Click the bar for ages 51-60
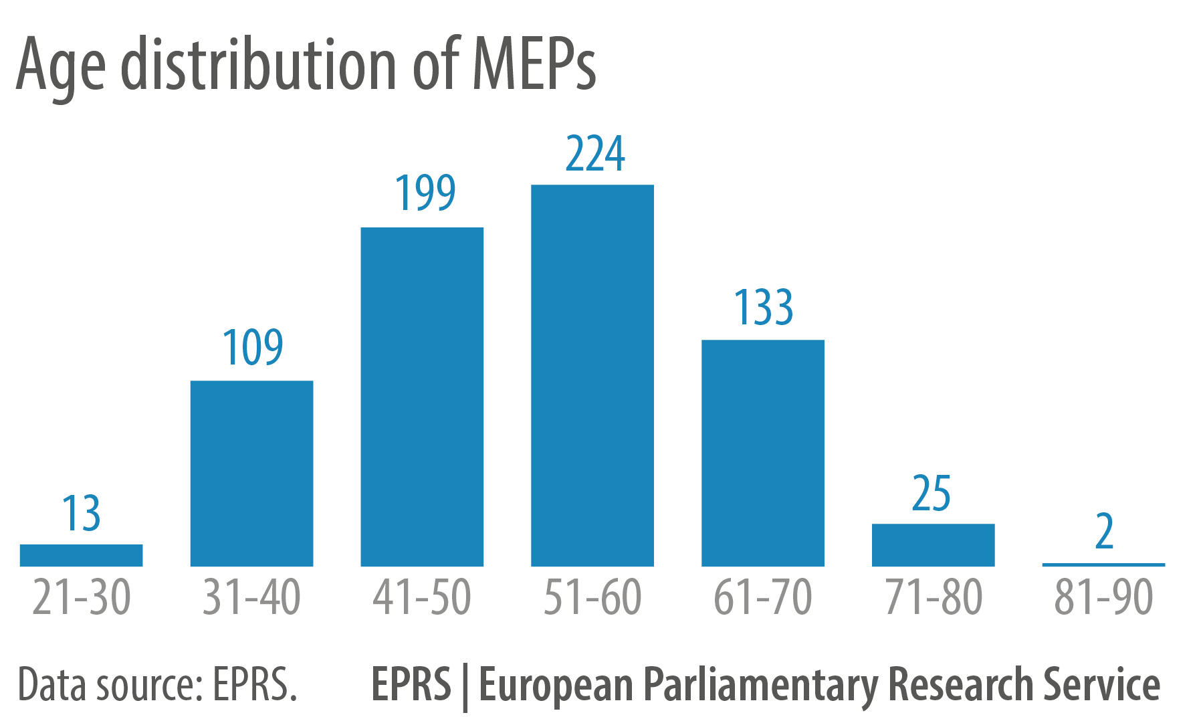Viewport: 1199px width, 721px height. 592,375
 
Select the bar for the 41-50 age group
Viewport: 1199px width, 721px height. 422,397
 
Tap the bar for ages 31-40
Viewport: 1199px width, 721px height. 251,474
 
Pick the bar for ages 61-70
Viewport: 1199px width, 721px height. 762,453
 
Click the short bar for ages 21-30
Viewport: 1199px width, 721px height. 81,555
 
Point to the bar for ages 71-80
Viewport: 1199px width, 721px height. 933,544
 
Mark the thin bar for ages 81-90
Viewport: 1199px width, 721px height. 1103,564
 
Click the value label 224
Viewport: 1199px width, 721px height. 594,154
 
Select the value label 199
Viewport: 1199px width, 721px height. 425,193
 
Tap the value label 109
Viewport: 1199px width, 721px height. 252,347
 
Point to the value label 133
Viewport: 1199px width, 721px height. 763,308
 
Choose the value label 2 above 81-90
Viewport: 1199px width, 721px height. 1104,532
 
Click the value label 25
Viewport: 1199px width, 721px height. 931,494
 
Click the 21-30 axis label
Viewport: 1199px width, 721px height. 81,597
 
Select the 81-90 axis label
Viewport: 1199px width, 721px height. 1103,597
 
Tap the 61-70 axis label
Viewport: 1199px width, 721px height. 762,597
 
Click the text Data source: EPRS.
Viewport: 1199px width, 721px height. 157,685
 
